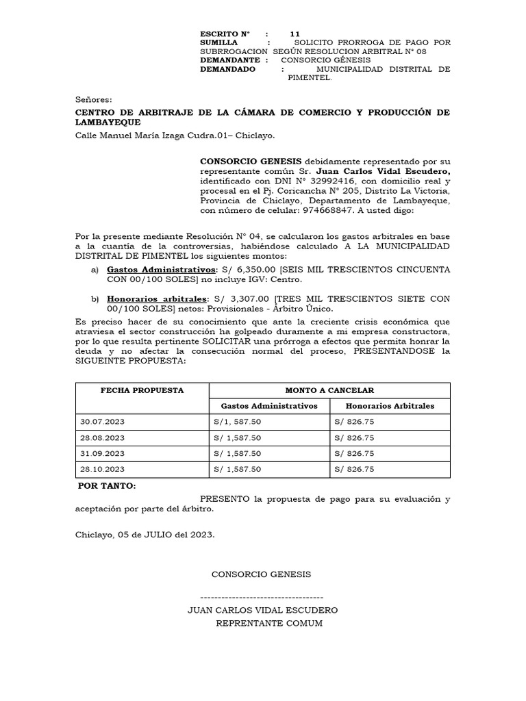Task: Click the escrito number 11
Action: pos(295,34)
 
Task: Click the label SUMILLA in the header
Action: pos(218,42)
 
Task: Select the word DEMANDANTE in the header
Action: pos(229,60)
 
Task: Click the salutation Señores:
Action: pos(93,99)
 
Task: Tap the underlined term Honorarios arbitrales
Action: pos(157,298)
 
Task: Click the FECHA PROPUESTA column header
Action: pos(142,390)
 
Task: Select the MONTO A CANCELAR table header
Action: pos(329,390)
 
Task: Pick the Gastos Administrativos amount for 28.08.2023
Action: pos(238,437)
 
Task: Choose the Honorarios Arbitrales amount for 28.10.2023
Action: pos(354,469)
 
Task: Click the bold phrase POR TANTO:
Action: pos(107,485)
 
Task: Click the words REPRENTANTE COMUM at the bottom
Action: pos(268,623)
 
